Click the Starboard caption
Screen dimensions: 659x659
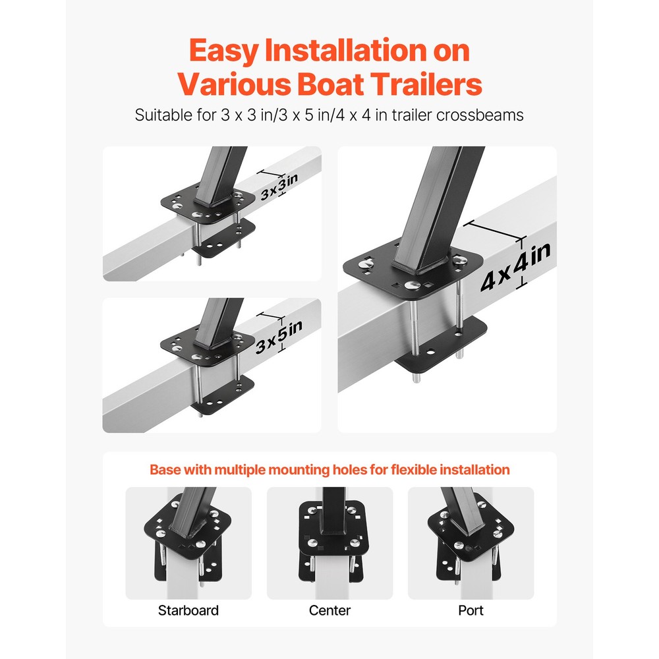[188, 610]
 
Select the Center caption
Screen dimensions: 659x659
[329, 610]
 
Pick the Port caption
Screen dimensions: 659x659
[471, 610]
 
